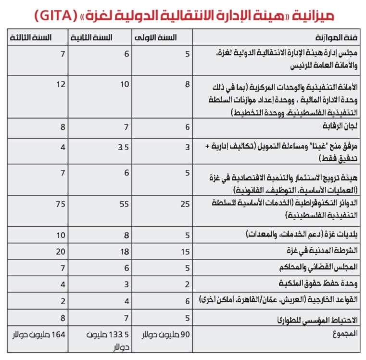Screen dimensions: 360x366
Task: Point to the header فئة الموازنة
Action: (336, 38)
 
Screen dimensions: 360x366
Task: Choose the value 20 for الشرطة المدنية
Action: (61, 251)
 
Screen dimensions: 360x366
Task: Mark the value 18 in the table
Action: (124, 251)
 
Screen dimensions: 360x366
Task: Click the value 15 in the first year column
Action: (185, 251)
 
